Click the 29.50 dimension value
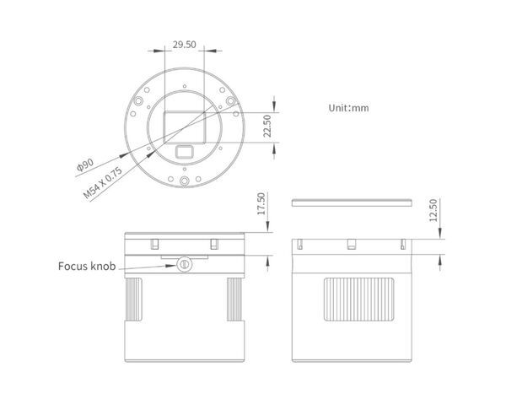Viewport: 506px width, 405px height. (184, 45)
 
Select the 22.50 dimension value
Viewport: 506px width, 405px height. (267, 126)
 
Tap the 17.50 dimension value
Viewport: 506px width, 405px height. (261, 204)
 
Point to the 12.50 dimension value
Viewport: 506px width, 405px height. (433, 210)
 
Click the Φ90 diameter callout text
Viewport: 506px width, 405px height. (85, 165)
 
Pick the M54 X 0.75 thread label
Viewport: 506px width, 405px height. (103, 183)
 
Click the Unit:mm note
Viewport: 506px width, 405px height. (348, 108)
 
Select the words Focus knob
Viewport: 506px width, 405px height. (87, 266)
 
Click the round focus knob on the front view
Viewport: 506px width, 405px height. (185, 264)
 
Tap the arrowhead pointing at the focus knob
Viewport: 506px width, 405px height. (170, 266)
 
